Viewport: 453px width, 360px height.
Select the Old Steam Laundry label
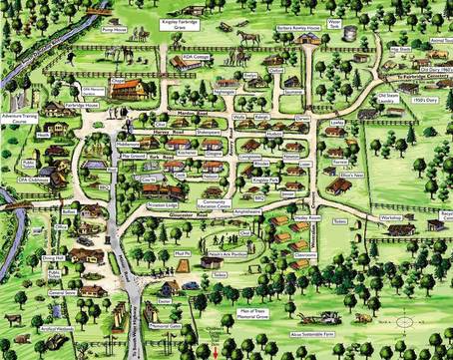pyautogui.click(x=388, y=99)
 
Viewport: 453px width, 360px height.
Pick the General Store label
pyautogui.click(x=61, y=293)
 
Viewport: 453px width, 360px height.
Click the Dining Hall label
pyautogui.click(x=53, y=257)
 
